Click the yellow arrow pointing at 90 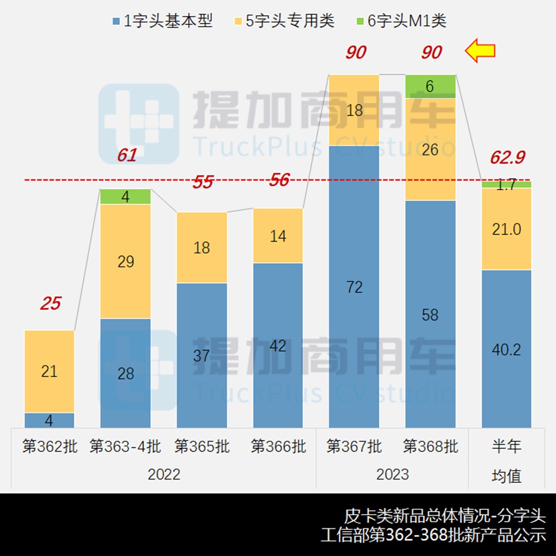tap(481, 51)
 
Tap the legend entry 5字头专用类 tap(284, 21)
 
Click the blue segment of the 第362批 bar tap(49, 420)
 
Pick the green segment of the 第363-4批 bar tap(125, 197)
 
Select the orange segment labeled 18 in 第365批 tap(202, 248)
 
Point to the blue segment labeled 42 tap(278, 345)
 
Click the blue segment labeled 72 tap(354, 287)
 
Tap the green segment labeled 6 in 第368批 tap(430, 86)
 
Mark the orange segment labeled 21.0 tap(507, 229)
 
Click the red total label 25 tap(50, 304)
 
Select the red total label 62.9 tap(507, 157)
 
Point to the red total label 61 tap(127, 156)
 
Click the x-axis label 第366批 tap(278, 447)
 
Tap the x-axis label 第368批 tap(430, 447)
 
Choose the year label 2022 tap(164, 474)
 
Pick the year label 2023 tap(393, 474)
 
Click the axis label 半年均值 tap(507, 461)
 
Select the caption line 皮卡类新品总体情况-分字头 tap(445, 515)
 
